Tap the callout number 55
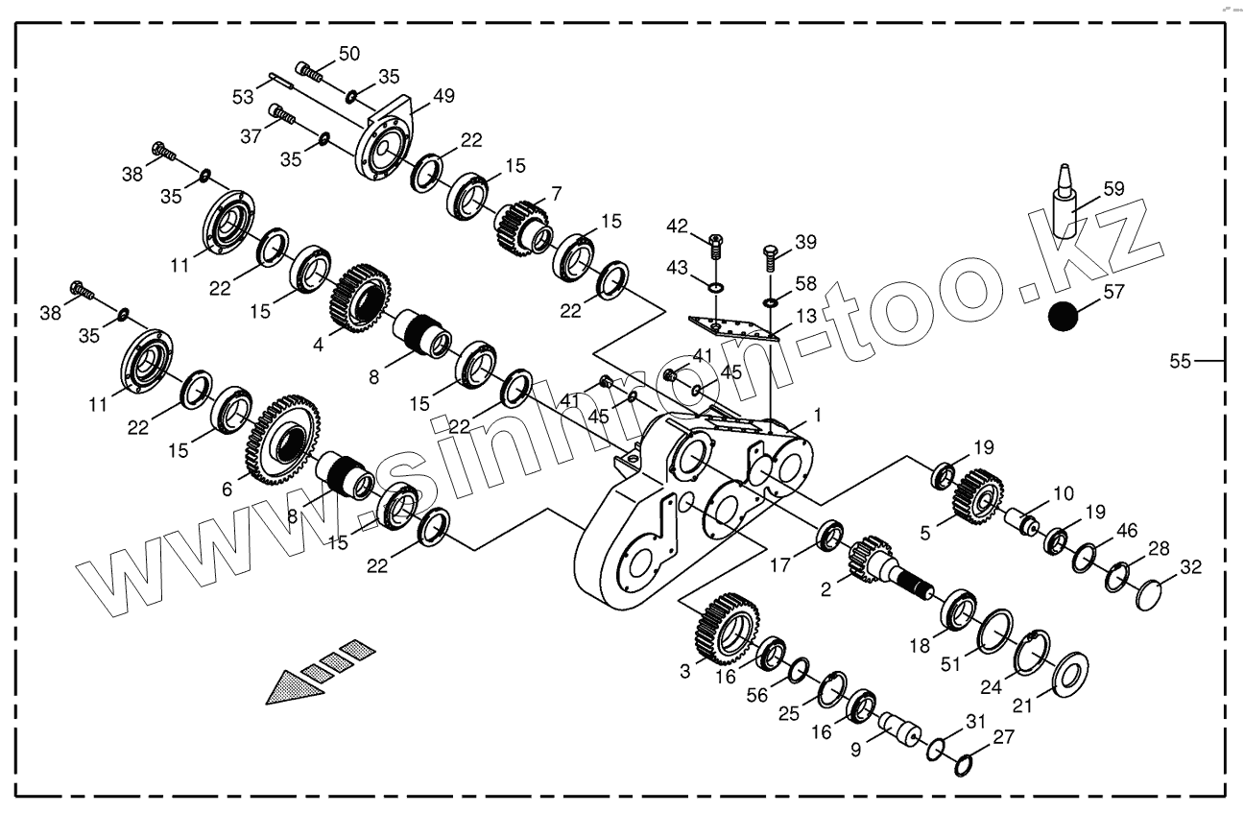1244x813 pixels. click(x=1180, y=361)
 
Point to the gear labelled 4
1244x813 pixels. click(x=361, y=298)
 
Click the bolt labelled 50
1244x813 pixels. click(x=307, y=68)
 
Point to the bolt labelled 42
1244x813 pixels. click(x=713, y=246)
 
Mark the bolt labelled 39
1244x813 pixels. click(x=770, y=258)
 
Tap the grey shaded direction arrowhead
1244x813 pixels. click(x=292, y=686)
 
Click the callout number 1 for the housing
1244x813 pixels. click(x=817, y=416)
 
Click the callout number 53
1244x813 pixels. click(x=243, y=96)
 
